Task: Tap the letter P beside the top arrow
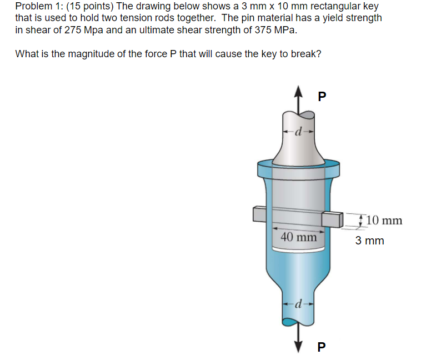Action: click(322, 97)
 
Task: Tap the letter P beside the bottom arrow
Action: click(322, 347)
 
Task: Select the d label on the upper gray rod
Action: click(298, 131)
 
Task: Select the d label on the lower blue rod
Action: click(298, 304)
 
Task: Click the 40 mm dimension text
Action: click(299, 237)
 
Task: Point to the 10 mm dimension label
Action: click(384, 221)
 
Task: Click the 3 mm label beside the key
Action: click(369, 241)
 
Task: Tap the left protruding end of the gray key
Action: click(259, 214)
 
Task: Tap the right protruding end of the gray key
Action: click(333, 219)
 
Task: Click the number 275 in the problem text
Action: click(73, 30)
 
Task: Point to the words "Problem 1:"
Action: click(34, 6)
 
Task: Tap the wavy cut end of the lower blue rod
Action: click(298, 321)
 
